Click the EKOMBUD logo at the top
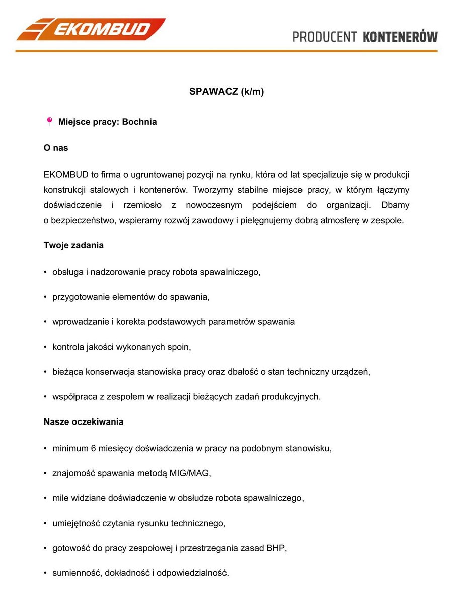pos(91,29)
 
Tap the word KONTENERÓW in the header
pos(400,37)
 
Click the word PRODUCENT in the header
pos(325,37)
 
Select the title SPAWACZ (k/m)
pos(226,92)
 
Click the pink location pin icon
pos(49,121)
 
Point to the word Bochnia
pos(139,122)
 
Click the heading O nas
pos(56,148)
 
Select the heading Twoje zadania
pos(73,245)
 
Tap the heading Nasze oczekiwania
pos(84,421)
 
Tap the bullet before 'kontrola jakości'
pos(45,347)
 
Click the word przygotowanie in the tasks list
pos(77,297)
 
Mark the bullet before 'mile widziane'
pos(45,498)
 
